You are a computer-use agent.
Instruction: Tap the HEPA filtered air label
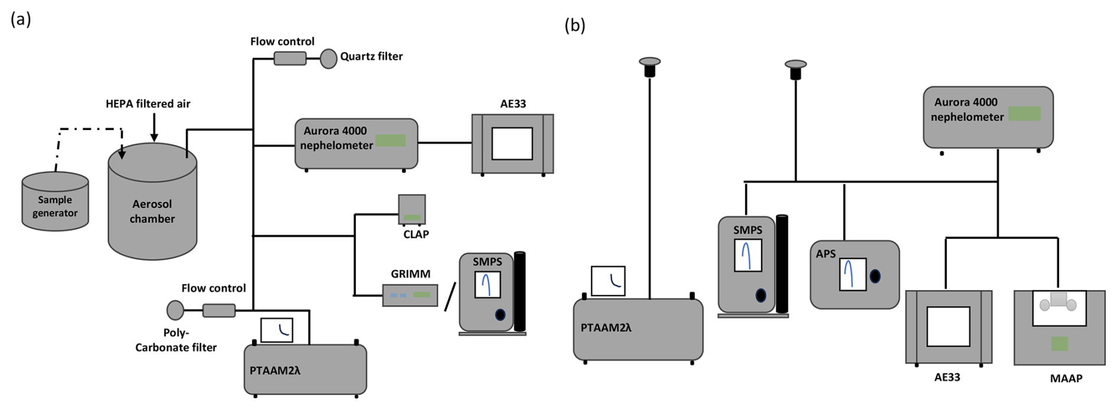(148, 104)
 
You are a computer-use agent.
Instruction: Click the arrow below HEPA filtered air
(154, 128)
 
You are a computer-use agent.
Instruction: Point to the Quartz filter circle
(328, 58)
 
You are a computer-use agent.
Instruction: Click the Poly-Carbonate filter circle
(175, 310)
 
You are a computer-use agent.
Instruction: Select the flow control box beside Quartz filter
(290, 58)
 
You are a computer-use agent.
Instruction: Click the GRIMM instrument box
(410, 295)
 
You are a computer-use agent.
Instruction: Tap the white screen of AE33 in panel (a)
(512, 144)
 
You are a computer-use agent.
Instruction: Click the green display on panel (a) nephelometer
(390, 141)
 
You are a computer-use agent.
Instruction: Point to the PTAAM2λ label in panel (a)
(275, 371)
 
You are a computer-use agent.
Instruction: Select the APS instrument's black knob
(875, 276)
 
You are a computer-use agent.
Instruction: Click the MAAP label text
(1066, 379)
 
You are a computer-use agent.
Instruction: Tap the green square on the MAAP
(1059, 344)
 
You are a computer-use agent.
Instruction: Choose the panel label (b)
(574, 25)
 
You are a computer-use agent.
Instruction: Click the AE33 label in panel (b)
(947, 378)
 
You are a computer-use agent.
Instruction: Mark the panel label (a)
(21, 19)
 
